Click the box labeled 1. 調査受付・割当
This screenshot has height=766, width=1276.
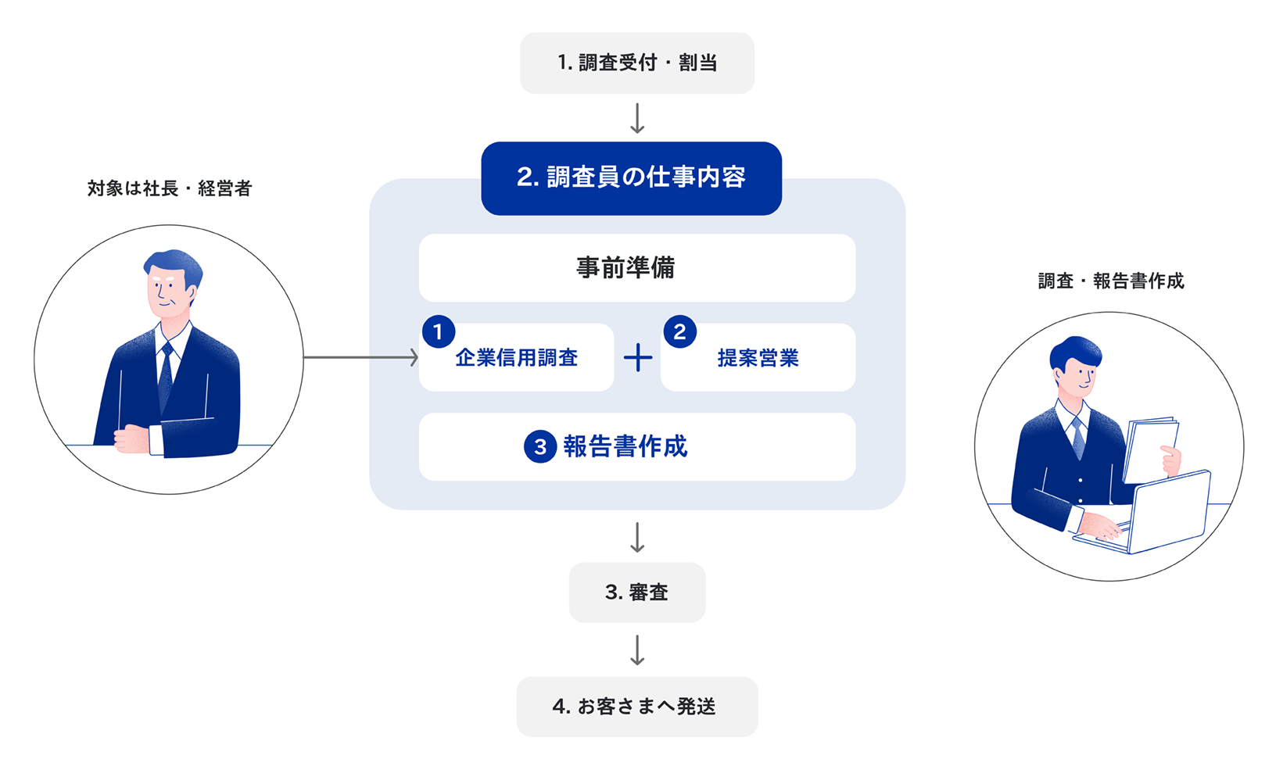(636, 63)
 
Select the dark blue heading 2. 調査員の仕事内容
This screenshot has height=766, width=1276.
(631, 178)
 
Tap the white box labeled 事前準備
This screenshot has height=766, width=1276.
(636, 268)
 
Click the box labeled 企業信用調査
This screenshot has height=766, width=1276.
(516, 358)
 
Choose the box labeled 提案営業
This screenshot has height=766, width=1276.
(758, 358)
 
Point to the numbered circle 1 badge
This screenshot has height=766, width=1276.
(438, 332)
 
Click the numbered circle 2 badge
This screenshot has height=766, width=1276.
(679, 332)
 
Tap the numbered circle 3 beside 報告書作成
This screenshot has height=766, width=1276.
(539, 447)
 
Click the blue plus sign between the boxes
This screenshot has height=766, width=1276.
(638, 358)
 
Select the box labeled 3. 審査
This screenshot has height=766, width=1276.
(636, 592)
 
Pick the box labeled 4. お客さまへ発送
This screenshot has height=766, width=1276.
(636, 707)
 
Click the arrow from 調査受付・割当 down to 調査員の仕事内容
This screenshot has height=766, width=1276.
(637, 118)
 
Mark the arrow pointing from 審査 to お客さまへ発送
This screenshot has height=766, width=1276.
(637, 650)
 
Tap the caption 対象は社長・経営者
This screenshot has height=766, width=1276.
(169, 188)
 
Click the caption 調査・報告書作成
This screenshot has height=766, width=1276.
(1110, 281)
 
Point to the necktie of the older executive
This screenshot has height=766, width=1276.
(166, 375)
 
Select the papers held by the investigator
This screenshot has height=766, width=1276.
(1149, 449)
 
